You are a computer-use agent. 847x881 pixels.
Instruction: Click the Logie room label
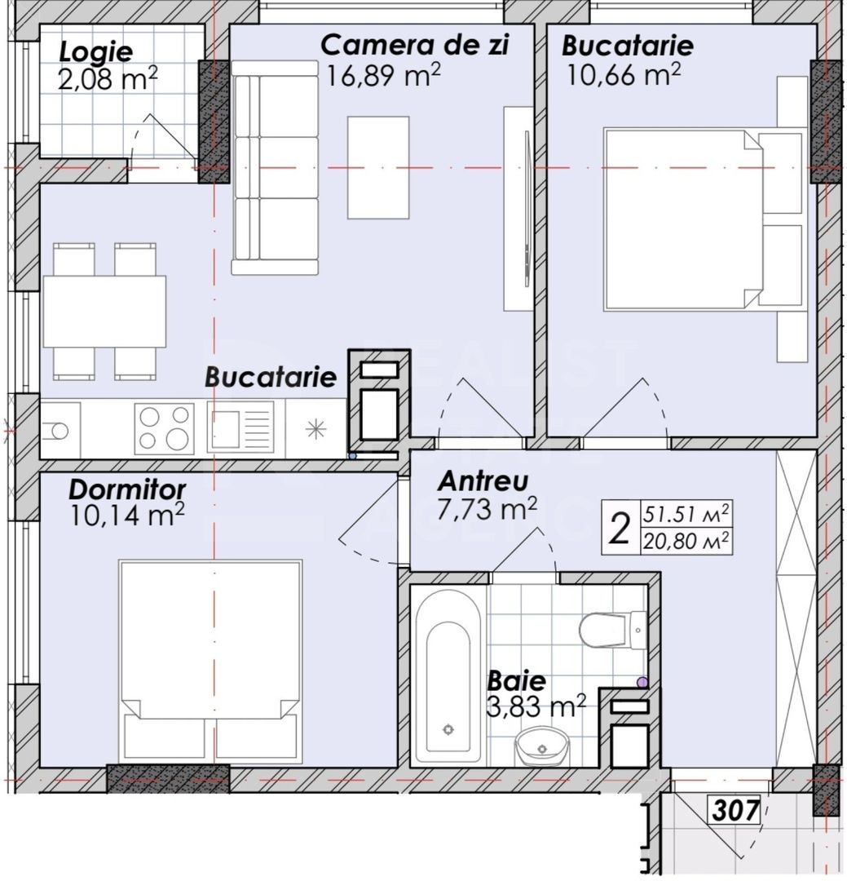[96, 52]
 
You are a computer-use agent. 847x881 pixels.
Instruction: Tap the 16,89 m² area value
[383, 74]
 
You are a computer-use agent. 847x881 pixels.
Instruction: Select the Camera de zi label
[414, 45]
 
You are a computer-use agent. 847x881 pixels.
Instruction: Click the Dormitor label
[127, 489]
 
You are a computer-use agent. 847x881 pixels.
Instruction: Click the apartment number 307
[736, 811]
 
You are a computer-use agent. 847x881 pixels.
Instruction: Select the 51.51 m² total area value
[685, 515]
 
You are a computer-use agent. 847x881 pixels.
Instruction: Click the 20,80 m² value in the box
[685, 540]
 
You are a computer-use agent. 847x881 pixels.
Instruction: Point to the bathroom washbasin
[540, 744]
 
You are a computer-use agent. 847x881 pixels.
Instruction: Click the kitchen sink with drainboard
[240, 428]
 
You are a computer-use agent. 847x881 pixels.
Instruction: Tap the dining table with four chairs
[104, 311]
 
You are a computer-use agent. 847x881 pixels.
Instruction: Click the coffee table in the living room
[378, 167]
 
